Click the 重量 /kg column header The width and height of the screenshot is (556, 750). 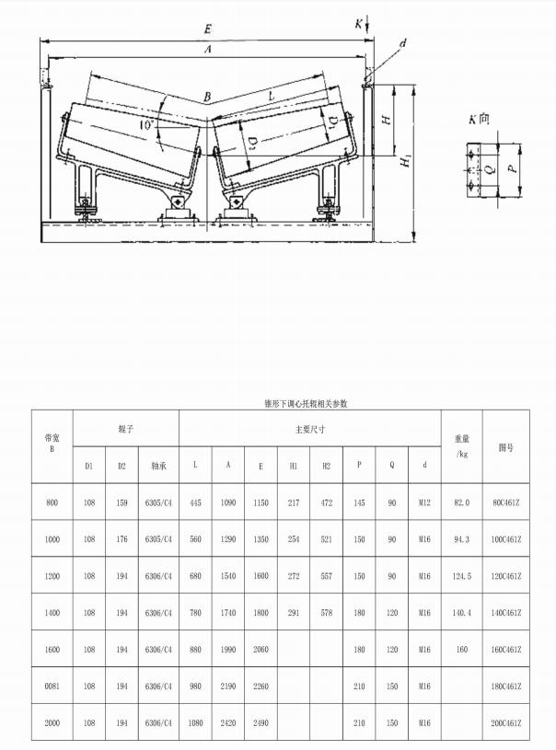tap(461, 446)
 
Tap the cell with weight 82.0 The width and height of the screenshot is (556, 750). tap(461, 502)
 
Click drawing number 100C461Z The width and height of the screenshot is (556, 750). tap(505, 539)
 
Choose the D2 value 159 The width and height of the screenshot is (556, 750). tap(122, 502)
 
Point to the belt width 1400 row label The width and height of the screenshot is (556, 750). tap(52, 613)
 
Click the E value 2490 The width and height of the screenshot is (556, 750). tap(261, 723)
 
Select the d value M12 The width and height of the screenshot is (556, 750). tap(424, 502)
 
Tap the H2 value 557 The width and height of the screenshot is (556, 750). tap(327, 576)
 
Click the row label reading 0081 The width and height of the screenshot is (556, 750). tap(52, 687)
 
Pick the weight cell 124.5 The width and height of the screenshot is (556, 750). tap(461, 576)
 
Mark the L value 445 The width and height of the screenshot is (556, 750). tap(195, 502)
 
